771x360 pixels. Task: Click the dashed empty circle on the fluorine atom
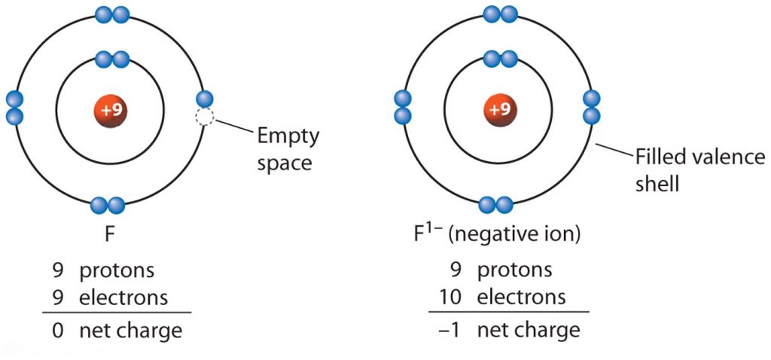pyautogui.click(x=204, y=117)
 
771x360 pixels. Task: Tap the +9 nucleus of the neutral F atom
pyautogui.click(x=111, y=109)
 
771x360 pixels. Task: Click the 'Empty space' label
pyautogui.click(x=288, y=149)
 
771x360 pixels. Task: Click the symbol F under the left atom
pyautogui.click(x=110, y=233)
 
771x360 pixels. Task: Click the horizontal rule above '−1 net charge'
pyautogui.click(x=508, y=312)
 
